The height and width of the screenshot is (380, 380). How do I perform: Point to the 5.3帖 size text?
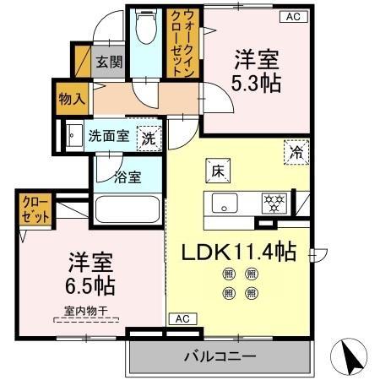pyautogui.click(x=257, y=83)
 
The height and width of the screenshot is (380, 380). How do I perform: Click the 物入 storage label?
pyautogui.click(x=71, y=99)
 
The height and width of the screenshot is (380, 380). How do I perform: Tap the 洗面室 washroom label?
pyautogui.click(x=110, y=134)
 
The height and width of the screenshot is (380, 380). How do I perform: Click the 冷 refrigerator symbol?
pyautogui.click(x=296, y=152)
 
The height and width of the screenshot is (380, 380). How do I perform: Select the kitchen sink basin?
pyautogui.click(x=225, y=204)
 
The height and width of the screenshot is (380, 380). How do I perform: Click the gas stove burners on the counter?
pyautogui.click(x=274, y=204)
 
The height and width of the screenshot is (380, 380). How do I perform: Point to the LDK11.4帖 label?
pyautogui.click(x=239, y=251)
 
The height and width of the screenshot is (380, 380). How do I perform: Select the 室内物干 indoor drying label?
pyautogui.click(x=85, y=310)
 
